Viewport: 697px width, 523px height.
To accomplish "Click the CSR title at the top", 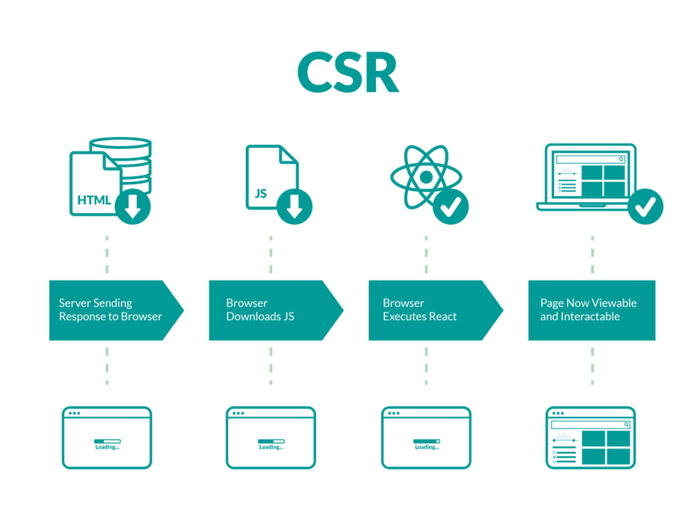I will (347, 73).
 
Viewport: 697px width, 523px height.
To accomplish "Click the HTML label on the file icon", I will (94, 200).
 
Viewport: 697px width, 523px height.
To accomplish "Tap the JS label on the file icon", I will (261, 193).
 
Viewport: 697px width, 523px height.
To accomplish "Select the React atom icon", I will (425, 177).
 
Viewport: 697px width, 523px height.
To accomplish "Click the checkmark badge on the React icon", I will (451, 205).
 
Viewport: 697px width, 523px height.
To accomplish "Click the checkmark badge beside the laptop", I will (645, 205).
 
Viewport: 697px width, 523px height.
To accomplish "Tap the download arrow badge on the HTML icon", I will (133, 206).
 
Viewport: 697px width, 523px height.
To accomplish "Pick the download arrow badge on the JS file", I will (294, 206).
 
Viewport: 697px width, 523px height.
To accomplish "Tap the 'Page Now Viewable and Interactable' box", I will (591, 310).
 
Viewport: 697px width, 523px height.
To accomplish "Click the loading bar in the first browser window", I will (107, 440).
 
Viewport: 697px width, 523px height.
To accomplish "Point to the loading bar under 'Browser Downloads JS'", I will (271, 440).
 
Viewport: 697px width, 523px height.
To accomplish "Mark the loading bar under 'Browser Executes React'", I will (427, 440).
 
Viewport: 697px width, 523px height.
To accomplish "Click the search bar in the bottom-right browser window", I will (591, 424).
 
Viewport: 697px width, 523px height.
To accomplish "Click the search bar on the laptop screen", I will (591, 159).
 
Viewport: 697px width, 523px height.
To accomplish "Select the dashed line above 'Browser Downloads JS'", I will (271, 255).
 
